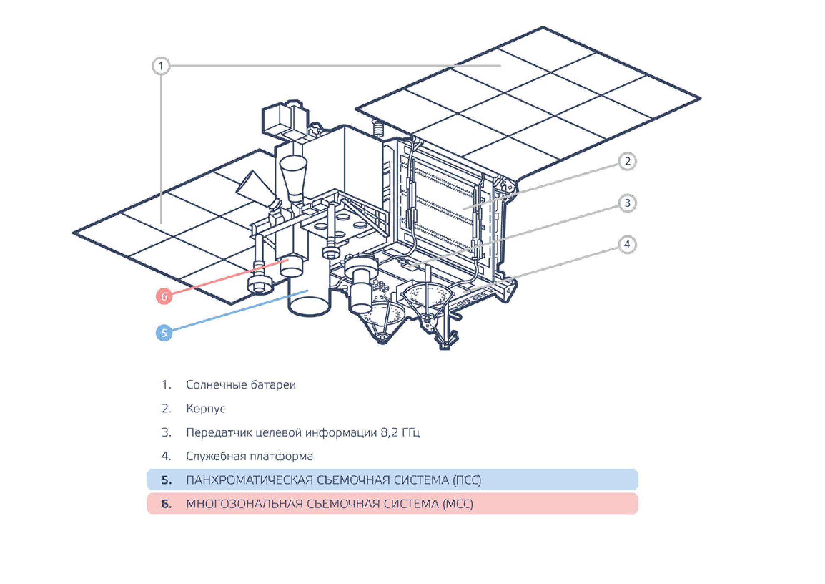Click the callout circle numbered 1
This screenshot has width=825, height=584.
160,66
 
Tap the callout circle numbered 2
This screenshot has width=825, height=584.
627,161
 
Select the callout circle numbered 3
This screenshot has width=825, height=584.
627,203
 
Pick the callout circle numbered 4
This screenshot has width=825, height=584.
627,245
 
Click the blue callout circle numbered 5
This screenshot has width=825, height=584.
164,333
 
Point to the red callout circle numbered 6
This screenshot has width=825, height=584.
164,296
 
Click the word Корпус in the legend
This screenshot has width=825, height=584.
206,409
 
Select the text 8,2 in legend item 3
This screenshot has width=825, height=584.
390,432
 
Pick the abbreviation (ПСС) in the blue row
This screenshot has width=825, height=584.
466,480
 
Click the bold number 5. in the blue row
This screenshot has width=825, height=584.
166,480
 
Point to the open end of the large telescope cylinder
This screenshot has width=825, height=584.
310,306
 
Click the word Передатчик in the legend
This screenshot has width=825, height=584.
219,432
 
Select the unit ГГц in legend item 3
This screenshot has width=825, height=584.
410,432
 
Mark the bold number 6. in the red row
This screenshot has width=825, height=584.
166,504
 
